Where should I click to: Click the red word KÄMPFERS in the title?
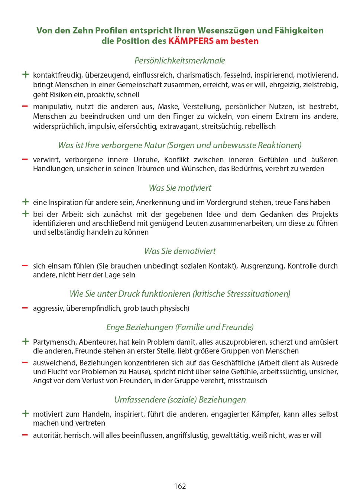[x=191, y=41]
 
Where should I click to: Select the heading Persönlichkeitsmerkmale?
[x=180, y=61]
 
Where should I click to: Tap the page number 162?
[x=180, y=486]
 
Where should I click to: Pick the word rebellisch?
[x=260, y=126]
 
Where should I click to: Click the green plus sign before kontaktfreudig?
[x=25, y=75]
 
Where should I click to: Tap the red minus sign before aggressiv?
[x=25, y=308]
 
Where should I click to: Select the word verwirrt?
[x=46, y=160]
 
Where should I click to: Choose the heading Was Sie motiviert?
[x=180, y=188]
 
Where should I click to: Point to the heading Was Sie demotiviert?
[x=180, y=251]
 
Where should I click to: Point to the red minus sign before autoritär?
[x=25, y=435]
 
